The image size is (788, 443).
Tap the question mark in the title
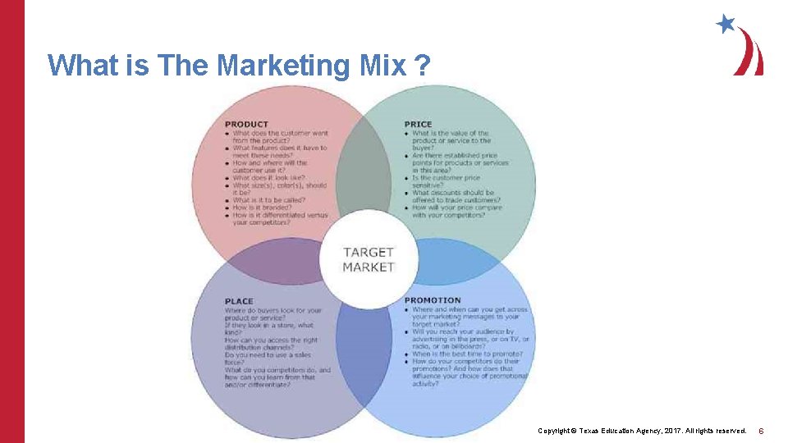(421, 65)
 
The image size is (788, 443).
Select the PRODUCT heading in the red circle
(246, 125)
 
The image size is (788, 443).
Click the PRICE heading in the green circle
(418, 125)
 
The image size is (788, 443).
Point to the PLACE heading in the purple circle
(239, 301)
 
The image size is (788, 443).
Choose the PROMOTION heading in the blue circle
(433, 301)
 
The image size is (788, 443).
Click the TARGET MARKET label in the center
(369, 259)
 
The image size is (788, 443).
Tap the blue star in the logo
(726, 24)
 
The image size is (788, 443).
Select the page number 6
(761, 431)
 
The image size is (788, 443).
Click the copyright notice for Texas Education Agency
(641, 431)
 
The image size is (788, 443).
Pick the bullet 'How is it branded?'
(262, 208)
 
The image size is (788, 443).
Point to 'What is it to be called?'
(268, 200)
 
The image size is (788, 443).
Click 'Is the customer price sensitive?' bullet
(446, 181)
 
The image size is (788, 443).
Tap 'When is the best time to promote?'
(465, 354)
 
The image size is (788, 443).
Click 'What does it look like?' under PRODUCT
(268, 177)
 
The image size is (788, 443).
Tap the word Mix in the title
(383, 65)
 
